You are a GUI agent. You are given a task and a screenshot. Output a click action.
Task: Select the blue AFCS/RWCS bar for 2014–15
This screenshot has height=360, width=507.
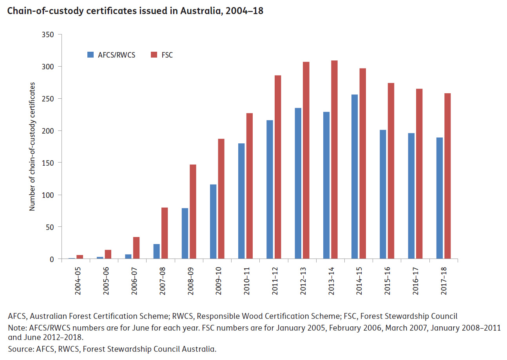[x=355, y=177]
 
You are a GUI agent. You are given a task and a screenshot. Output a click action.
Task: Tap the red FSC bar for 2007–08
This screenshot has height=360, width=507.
[x=165, y=233]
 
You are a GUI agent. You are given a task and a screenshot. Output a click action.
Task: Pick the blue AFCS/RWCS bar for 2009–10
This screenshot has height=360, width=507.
[x=213, y=222]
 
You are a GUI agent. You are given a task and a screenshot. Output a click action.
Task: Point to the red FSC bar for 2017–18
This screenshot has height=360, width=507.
[x=447, y=176]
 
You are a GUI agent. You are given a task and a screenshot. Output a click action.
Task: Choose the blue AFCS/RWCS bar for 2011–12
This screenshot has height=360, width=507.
[x=270, y=190]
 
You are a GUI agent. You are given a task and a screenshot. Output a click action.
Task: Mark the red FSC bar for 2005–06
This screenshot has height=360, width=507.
[x=108, y=254]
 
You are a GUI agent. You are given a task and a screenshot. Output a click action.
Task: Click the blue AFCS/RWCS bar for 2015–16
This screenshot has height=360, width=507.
[x=383, y=194]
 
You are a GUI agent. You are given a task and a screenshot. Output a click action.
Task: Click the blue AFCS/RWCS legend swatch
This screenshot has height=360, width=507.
[x=90, y=55]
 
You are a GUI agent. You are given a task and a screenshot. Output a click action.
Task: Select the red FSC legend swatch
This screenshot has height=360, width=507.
[x=153, y=55]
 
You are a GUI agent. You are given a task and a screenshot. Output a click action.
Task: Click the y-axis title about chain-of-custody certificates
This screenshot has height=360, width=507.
[x=33, y=147]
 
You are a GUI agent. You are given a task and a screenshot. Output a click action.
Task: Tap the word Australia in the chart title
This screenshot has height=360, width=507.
[x=200, y=11]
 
